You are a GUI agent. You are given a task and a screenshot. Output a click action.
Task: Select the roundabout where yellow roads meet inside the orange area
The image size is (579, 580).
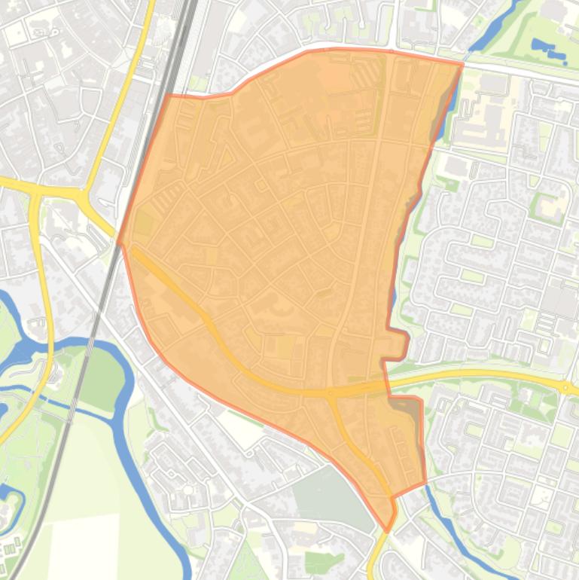(x=329, y=392)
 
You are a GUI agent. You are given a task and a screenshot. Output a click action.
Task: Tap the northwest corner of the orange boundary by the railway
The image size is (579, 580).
(x=167, y=96)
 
